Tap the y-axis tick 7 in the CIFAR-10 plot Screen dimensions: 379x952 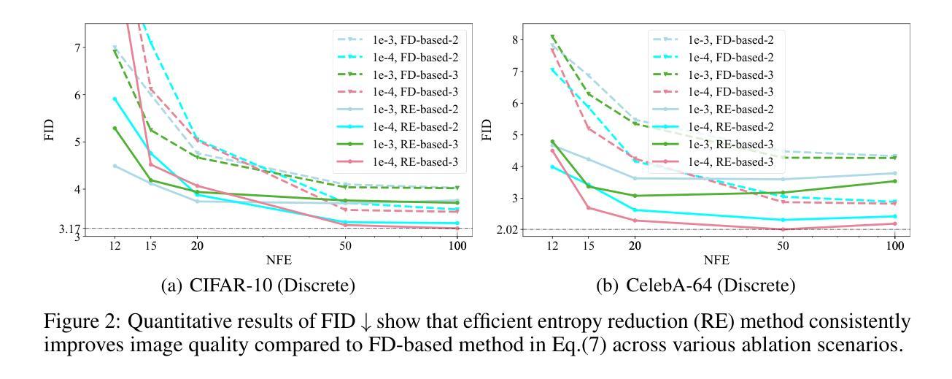click(76, 47)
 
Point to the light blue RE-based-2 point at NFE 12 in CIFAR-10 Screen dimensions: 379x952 click(115, 166)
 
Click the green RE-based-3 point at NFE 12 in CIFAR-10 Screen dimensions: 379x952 click(115, 128)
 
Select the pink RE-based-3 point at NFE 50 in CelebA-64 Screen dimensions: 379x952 click(783, 229)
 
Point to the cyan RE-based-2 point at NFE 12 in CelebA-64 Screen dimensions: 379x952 click(552, 166)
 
